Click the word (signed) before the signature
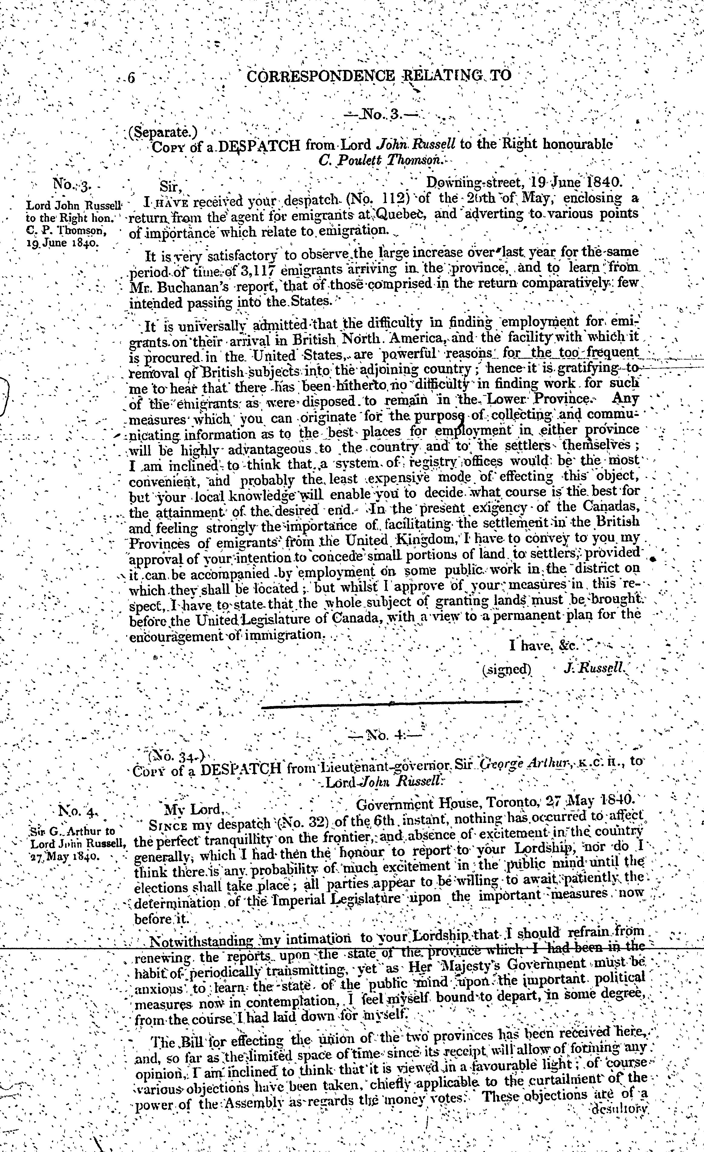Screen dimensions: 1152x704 tap(507, 669)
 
